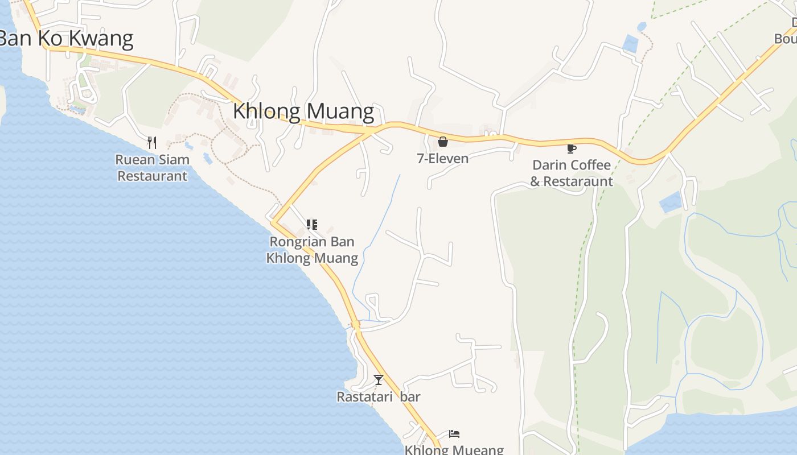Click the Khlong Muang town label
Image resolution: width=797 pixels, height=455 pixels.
[303, 111]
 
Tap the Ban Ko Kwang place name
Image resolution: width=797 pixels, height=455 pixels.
[66, 38]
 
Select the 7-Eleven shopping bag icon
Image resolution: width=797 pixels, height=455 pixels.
[442, 142]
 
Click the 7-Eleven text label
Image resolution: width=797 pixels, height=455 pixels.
[442, 159]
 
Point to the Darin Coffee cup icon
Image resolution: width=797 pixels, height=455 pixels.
[571, 148]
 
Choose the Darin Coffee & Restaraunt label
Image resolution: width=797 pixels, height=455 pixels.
[571, 173]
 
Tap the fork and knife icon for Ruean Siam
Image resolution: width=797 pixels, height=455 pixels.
[151, 142]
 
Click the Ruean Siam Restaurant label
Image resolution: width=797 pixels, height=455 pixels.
[152, 168]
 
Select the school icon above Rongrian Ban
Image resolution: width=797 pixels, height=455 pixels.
[311, 225]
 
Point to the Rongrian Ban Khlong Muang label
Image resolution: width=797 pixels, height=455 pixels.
[312, 250]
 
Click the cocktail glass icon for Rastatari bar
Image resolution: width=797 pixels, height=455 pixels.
[379, 379]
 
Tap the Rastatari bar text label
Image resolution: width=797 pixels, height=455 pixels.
[378, 396]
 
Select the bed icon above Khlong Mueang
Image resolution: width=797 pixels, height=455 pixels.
[454, 434]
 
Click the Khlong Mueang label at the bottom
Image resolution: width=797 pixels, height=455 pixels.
[454, 450]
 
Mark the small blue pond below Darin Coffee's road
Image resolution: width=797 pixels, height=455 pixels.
[671, 202]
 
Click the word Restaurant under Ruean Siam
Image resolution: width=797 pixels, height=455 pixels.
[152, 176]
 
